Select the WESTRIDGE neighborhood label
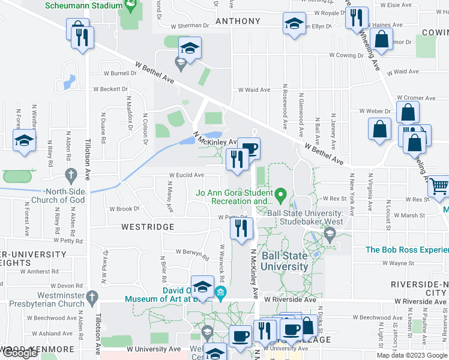[x=148, y=227]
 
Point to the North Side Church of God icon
[x=71, y=176]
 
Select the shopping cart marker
[x=439, y=187]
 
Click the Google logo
[x=19, y=353]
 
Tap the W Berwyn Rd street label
[x=192, y=253]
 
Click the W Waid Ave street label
[x=254, y=90]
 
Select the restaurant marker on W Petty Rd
[x=242, y=228]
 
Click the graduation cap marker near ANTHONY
[x=292, y=24]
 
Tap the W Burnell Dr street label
[x=120, y=74]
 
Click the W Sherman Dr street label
[x=190, y=26]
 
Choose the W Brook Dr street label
[x=124, y=209]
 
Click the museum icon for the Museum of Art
[x=220, y=293]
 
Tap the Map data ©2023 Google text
[x=411, y=355]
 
